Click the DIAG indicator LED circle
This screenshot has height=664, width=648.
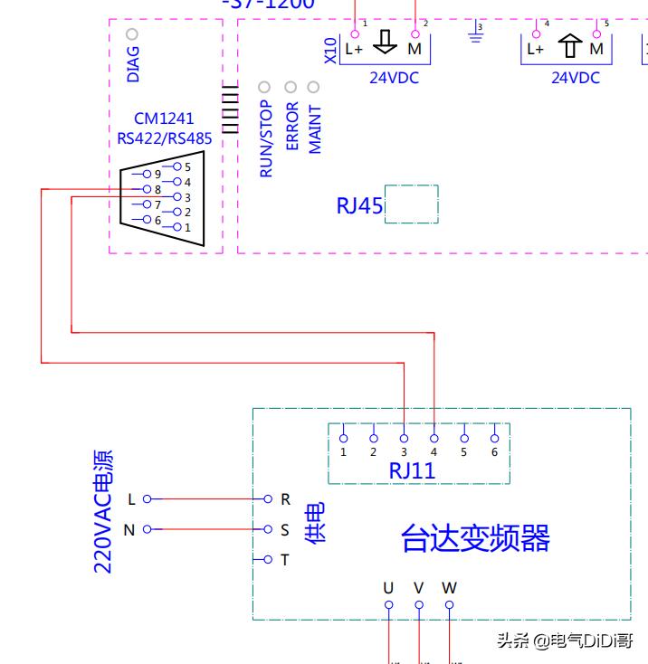[x=132, y=34]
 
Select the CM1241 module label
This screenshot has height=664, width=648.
[x=164, y=119]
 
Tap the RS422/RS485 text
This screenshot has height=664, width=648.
[x=164, y=138]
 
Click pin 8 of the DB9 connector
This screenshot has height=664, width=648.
[x=146, y=189]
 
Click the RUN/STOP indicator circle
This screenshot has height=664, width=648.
[x=264, y=88]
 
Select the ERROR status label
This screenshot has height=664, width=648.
[x=291, y=126]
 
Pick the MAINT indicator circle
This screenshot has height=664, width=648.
[x=314, y=88]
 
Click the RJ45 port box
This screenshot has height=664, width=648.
[x=412, y=204]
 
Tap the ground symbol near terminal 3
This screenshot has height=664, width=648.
[x=474, y=33]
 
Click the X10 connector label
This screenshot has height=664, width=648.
[x=330, y=50]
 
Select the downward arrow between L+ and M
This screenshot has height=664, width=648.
[x=386, y=43]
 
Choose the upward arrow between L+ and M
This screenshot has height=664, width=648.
[x=569, y=44]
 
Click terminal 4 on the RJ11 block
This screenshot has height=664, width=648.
[x=434, y=438]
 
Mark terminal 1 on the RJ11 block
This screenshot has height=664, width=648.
[x=344, y=438]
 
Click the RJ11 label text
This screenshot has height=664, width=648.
[x=412, y=470]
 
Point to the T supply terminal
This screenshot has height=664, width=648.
[x=268, y=560]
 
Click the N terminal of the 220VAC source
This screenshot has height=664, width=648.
[x=147, y=529]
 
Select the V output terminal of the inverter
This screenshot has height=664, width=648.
[x=419, y=604]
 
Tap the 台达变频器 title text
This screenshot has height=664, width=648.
[x=475, y=539]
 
